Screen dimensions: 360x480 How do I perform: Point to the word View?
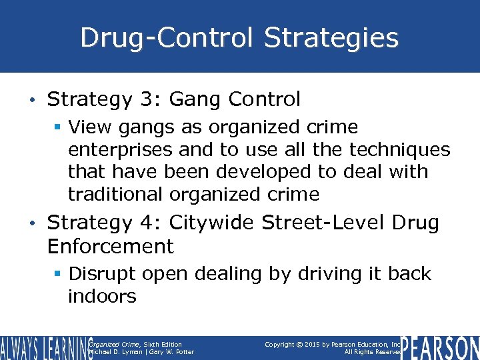point(91,127)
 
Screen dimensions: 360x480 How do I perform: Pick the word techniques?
point(395,149)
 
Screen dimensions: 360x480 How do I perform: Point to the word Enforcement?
point(110,246)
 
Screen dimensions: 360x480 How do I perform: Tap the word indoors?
point(101,297)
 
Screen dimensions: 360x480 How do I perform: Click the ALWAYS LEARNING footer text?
point(44,347)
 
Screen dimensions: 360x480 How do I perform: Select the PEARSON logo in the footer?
point(441,347)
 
